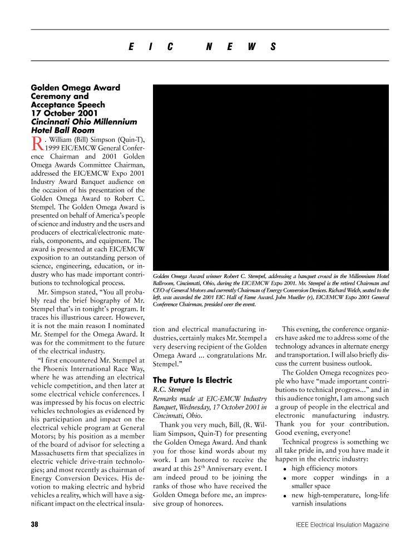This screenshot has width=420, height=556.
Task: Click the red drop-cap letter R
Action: point(36,143)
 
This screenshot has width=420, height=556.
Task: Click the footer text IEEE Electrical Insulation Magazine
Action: point(343,524)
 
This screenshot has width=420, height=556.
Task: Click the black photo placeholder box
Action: point(270,177)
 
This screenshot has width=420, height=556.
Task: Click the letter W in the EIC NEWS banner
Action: point(251,47)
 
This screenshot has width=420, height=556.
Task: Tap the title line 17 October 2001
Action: point(65,113)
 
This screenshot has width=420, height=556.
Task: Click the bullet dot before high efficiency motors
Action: point(285,469)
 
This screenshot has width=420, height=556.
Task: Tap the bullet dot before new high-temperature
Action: point(285,496)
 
